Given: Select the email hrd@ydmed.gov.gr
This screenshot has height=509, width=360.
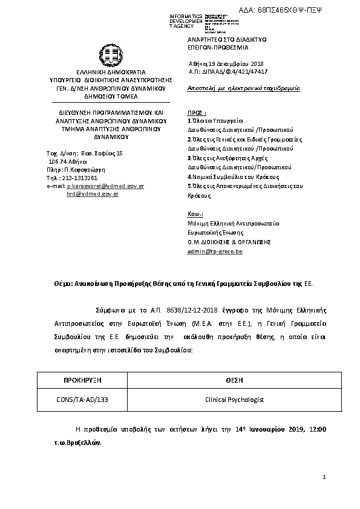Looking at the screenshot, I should click(x=93, y=194).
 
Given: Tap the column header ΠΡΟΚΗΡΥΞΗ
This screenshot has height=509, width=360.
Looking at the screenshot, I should click(x=82, y=380).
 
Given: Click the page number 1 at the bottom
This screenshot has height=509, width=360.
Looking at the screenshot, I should click(x=324, y=477).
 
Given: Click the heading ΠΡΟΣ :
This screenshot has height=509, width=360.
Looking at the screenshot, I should click(x=197, y=112).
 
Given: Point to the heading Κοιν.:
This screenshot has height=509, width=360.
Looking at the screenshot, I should click(x=195, y=215).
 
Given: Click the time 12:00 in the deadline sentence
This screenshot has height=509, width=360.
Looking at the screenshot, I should click(x=318, y=429).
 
